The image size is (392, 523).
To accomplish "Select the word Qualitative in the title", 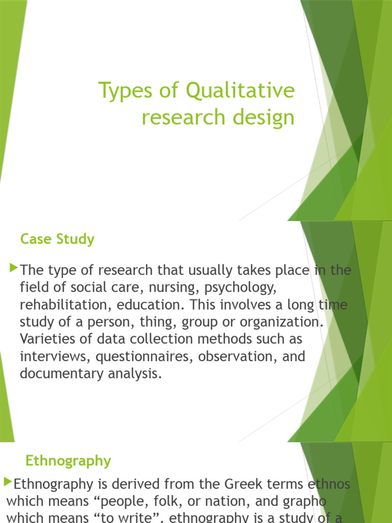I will coord(240,91).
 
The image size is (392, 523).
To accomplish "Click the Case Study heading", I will coord(57,239).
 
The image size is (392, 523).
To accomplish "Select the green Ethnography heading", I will coord(68,461).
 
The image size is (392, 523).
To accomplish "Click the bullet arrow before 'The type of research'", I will coord(14,268).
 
